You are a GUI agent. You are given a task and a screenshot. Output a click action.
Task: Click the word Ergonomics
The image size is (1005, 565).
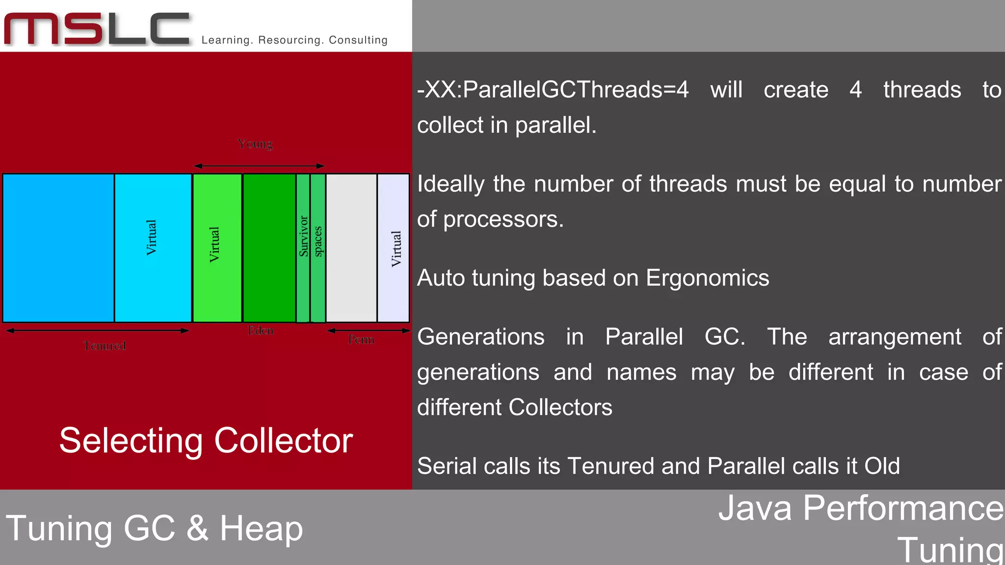707,278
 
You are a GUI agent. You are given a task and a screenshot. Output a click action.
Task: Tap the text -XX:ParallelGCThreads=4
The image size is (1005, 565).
553,90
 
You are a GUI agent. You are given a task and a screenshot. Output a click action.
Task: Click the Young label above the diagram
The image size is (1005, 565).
255,144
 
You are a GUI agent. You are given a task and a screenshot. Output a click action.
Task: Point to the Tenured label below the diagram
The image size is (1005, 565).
105,346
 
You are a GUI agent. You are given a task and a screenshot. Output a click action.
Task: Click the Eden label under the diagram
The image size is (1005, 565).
260,331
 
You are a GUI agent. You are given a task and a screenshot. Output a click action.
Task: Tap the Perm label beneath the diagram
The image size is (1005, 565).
361,339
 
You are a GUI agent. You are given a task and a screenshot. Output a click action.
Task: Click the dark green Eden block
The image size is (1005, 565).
269,248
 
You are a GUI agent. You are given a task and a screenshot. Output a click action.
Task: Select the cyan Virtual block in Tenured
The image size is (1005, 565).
153,248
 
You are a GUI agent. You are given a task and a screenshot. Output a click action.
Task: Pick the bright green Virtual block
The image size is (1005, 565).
217,248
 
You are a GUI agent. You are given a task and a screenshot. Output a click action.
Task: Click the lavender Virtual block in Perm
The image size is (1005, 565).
394,248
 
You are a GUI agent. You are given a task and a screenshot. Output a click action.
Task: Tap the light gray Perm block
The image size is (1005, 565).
351,248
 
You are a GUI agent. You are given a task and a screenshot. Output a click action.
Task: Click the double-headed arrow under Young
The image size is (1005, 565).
259,166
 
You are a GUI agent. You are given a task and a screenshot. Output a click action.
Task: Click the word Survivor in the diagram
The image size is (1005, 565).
304,236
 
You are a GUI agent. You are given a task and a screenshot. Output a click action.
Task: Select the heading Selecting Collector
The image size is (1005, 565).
206,440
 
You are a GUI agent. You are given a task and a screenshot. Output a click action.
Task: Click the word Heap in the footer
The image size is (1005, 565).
261,529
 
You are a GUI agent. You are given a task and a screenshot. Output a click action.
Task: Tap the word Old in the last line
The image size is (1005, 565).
882,466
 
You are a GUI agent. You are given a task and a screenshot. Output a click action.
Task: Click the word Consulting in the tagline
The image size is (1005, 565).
358,40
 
